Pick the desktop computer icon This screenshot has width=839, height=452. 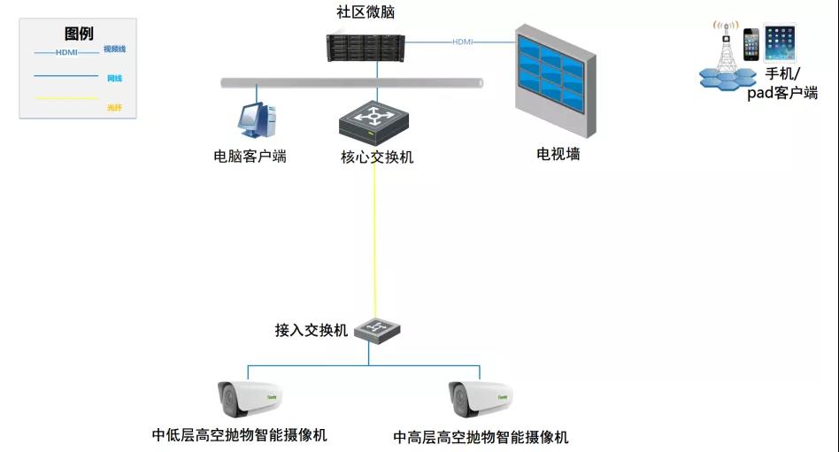click(x=256, y=120)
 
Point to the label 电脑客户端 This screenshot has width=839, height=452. click(x=250, y=157)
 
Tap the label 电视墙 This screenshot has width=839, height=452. click(x=558, y=154)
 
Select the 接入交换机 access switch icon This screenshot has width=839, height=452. click(x=376, y=330)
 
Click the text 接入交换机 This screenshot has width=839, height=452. click(x=312, y=331)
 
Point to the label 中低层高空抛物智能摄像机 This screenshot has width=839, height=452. click(x=240, y=435)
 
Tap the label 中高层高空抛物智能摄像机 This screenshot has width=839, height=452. click(x=481, y=437)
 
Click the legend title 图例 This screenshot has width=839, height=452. click(x=79, y=34)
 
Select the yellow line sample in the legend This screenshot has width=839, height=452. click(x=65, y=98)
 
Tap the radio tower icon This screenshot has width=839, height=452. click(x=726, y=52)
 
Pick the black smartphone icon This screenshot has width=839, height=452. click(x=751, y=45)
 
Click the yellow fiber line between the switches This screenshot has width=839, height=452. click(x=374, y=239)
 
